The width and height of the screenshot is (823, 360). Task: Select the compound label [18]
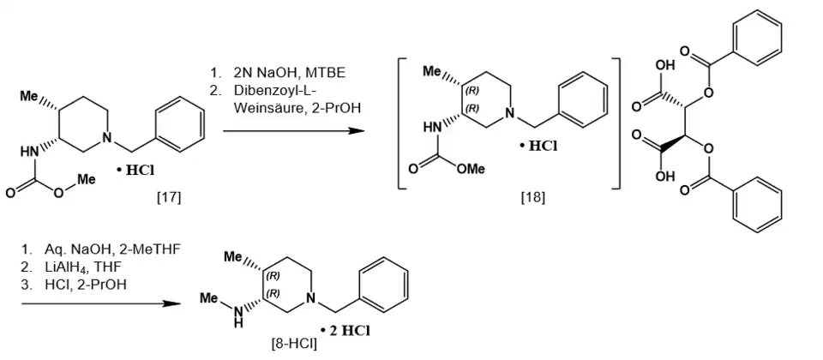pos(532,198)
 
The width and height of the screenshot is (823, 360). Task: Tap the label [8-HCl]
pos(294,345)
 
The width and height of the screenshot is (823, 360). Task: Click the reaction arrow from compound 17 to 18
pos(293,129)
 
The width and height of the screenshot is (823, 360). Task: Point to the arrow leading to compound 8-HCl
pos(99,303)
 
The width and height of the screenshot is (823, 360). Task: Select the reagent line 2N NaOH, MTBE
pos(290,72)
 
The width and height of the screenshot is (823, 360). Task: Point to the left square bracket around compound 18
pos(403,123)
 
